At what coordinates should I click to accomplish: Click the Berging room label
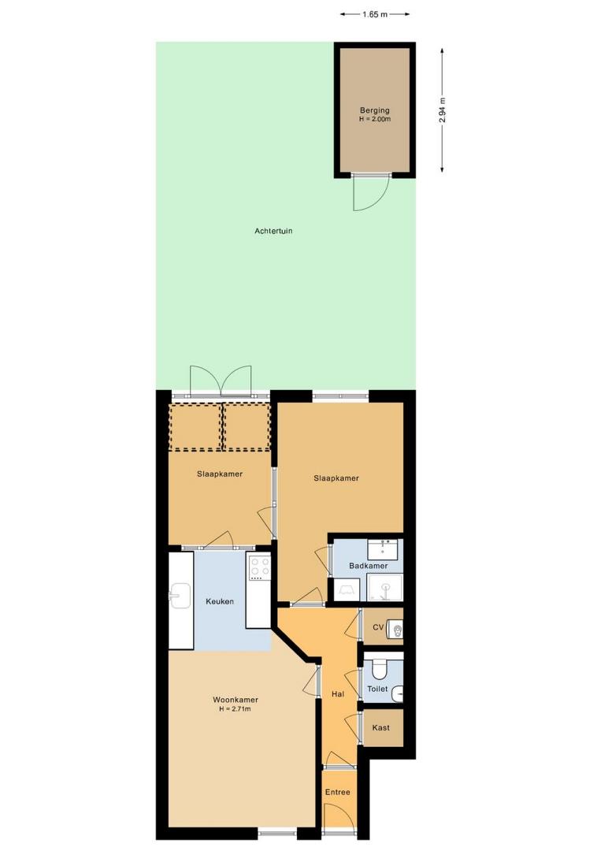(375, 110)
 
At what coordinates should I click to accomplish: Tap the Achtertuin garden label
(273, 231)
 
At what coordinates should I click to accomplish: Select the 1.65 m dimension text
(375, 15)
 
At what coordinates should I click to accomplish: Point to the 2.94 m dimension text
(442, 110)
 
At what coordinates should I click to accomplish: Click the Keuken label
(220, 601)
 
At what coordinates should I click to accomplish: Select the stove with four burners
(259, 567)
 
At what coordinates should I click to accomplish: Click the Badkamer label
(369, 566)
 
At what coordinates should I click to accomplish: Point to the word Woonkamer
(236, 700)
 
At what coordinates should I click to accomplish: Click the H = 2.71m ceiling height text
(235, 709)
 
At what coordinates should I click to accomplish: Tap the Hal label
(338, 693)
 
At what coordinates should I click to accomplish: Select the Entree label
(337, 792)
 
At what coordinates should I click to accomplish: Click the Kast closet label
(380, 727)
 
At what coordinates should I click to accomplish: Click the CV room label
(378, 627)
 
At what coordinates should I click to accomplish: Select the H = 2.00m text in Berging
(375, 119)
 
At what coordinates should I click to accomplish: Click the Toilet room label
(377, 689)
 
